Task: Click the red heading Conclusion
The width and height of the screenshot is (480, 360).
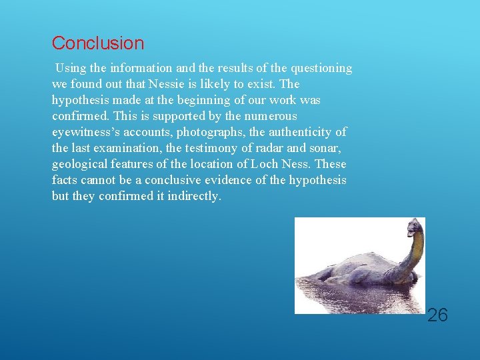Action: tap(97, 43)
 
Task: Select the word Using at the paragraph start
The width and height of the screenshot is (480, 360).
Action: tap(70, 68)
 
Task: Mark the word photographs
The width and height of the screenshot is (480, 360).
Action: tap(209, 132)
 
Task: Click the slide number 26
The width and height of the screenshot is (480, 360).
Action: tap(437, 315)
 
